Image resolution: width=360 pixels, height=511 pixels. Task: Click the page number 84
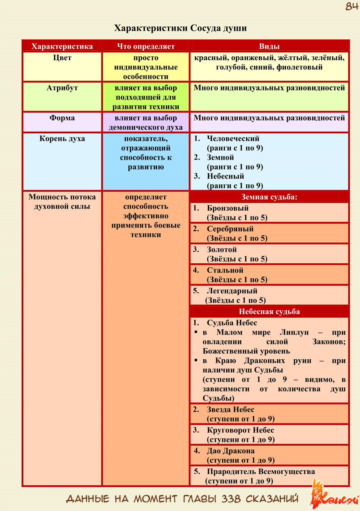click(x=351, y=7)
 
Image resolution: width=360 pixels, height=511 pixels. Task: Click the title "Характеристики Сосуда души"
click(x=180, y=28)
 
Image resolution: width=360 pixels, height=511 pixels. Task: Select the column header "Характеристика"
click(x=62, y=46)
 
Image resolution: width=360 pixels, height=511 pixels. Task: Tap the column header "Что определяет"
click(x=146, y=46)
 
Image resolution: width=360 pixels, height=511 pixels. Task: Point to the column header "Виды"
click(x=269, y=46)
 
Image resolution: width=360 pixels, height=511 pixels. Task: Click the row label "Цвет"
click(x=62, y=58)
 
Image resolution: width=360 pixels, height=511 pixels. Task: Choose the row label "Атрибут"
click(x=62, y=88)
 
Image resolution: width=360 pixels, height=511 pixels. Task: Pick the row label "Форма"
click(x=62, y=118)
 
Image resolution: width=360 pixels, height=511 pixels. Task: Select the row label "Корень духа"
click(x=62, y=139)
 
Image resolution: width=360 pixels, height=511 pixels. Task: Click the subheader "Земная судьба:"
click(x=269, y=197)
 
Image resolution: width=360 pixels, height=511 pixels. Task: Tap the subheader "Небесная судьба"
click(x=269, y=312)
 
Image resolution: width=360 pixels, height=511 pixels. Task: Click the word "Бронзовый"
click(x=227, y=208)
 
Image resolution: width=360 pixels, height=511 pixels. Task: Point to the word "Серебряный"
click(x=230, y=229)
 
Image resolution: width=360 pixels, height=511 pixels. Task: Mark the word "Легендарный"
click(x=232, y=291)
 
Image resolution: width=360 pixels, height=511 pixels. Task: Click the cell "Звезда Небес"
click(x=231, y=410)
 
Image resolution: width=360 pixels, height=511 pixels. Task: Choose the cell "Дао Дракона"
click(x=231, y=451)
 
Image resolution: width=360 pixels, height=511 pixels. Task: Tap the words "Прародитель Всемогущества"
click(x=260, y=472)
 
